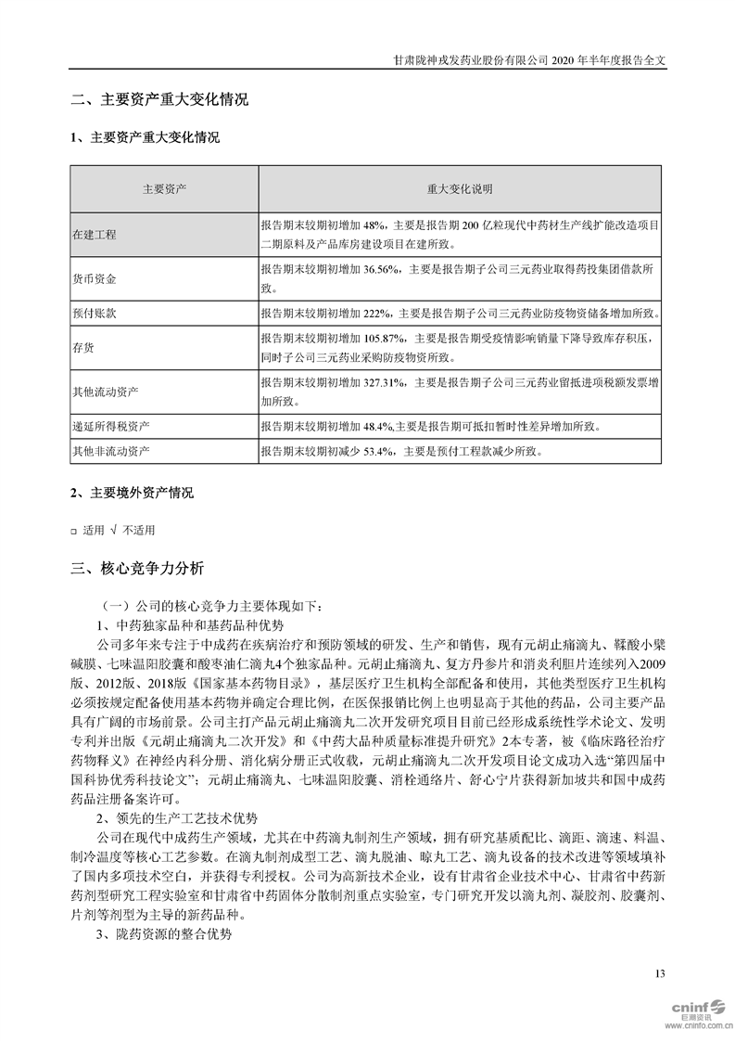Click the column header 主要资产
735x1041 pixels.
pyautogui.click(x=164, y=189)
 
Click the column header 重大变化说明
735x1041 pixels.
pyautogui.click(x=461, y=189)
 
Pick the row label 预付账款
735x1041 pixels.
pyautogui.click(x=95, y=314)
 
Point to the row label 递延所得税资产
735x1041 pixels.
pyautogui.click(x=111, y=427)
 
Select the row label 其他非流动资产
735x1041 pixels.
pyautogui.click(x=111, y=452)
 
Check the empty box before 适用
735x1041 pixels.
pyautogui.click(x=73, y=531)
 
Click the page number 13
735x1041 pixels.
pyautogui.click(x=660, y=973)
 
